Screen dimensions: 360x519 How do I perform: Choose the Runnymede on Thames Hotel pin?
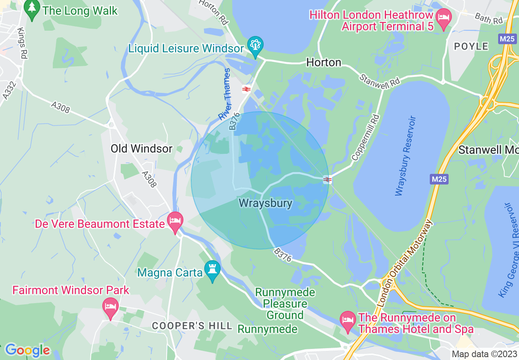[348, 321]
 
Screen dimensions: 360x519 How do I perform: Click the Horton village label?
[324, 63]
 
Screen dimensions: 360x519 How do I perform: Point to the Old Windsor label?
[142, 148]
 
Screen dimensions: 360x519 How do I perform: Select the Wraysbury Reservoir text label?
[406, 156]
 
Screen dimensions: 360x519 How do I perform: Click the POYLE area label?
[471, 46]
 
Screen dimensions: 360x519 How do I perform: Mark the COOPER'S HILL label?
[192, 326]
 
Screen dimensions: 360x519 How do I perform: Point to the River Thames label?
[225, 94]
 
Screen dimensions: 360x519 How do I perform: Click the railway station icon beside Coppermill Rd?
[327, 180]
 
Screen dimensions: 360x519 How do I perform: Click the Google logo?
[27, 350]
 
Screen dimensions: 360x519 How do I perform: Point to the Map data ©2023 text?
[484, 353]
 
